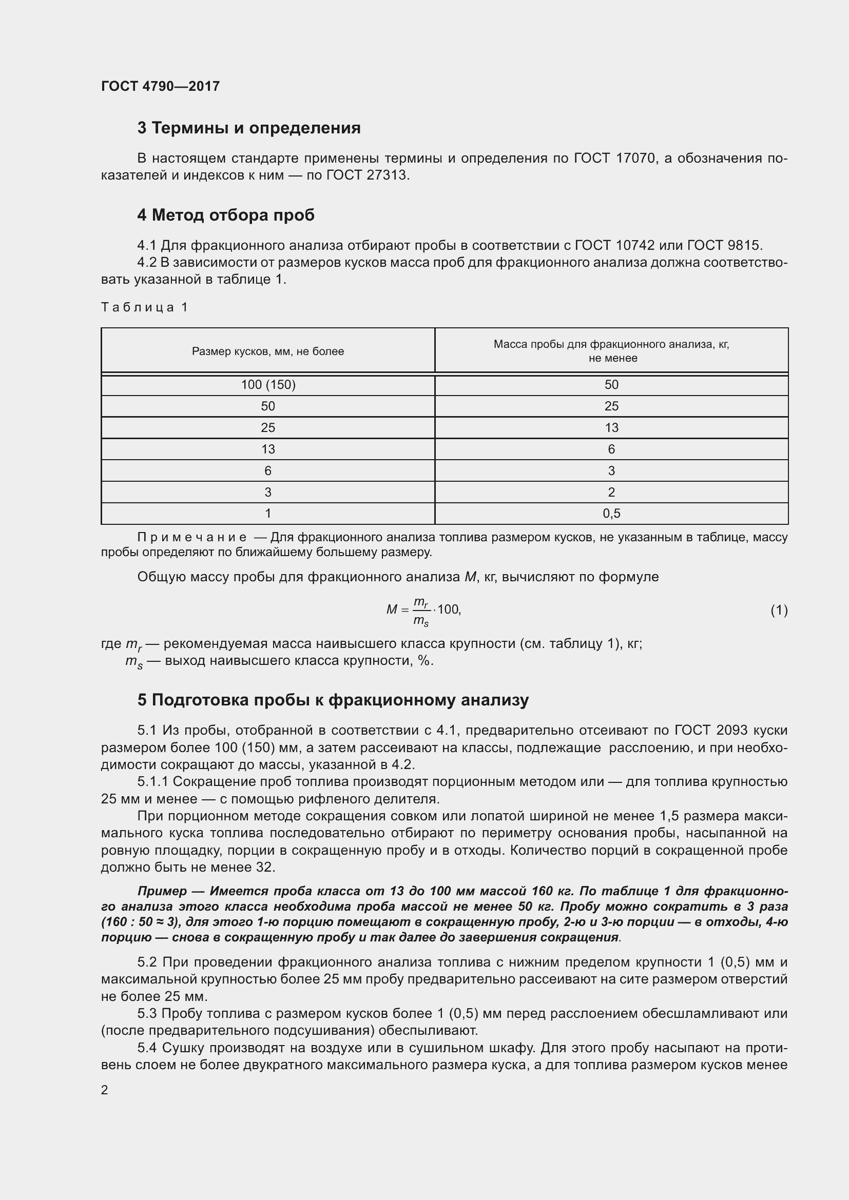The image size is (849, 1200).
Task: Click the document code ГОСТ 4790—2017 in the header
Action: coord(160,86)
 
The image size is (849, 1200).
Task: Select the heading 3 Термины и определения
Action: coord(249,128)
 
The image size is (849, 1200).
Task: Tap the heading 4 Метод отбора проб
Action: coord(226,215)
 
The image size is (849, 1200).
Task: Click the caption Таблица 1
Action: coord(144,307)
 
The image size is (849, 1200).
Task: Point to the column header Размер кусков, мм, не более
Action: coord(267,351)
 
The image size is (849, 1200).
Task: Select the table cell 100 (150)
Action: coord(267,385)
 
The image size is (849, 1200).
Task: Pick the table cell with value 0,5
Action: coord(611,514)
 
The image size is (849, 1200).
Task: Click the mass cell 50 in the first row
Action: coord(611,385)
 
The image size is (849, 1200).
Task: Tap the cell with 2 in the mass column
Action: coord(611,493)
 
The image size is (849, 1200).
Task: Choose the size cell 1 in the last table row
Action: coord(267,514)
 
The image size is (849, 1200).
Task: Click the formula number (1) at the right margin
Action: coord(779,610)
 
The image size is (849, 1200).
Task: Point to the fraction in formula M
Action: coord(421,611)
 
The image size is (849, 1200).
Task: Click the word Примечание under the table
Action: coord(192,537)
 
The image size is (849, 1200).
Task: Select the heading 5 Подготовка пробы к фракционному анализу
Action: coord(333,700)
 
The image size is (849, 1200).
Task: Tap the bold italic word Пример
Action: coord(162,891)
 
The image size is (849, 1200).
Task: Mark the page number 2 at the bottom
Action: coord(105,1090)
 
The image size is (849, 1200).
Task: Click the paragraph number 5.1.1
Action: coord(152,782)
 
